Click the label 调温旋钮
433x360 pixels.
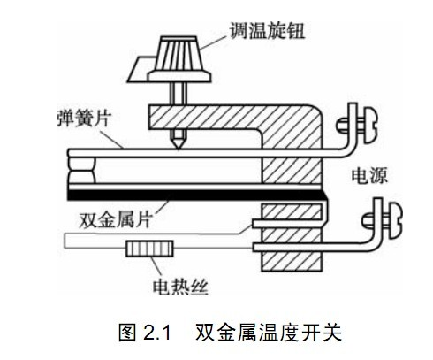point(267,30)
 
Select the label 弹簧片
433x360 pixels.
point(84,119)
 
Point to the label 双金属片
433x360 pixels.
point(115,219)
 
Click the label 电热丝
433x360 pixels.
point(180,287)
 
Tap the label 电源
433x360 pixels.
point(369,175)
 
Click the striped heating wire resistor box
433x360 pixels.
point(149,249)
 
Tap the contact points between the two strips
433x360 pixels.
point(81,170)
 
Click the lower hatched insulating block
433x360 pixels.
point(292,237)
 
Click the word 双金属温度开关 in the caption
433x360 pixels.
point(269,333)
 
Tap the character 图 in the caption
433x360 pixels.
point(127,333)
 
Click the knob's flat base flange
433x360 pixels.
point(179,76)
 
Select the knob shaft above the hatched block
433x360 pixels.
point(178,94)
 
